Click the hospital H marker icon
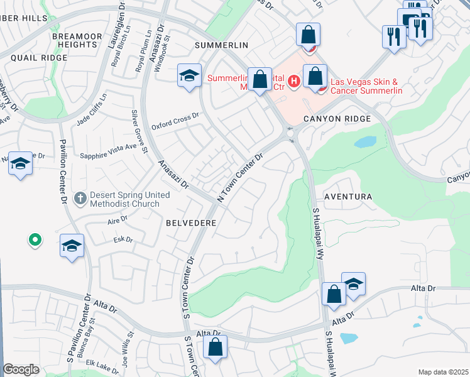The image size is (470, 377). coord(292,82)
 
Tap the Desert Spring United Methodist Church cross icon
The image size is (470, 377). coord(80,199)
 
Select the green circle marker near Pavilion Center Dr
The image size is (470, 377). coord(35,239)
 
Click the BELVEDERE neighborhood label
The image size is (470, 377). coord(191,223)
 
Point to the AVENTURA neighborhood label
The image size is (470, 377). coord(348,197)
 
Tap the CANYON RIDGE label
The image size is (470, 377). coord(337,118)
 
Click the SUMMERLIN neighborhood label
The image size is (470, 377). coord(222,45)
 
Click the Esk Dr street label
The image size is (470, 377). coord(123,239)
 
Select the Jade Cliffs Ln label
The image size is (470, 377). coord(92,109)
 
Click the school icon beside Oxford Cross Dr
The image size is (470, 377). coord(189,75)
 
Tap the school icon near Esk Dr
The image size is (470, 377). coord(72,245)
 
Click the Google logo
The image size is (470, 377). coord(21,370)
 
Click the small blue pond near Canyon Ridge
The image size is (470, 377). coord(365,142)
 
